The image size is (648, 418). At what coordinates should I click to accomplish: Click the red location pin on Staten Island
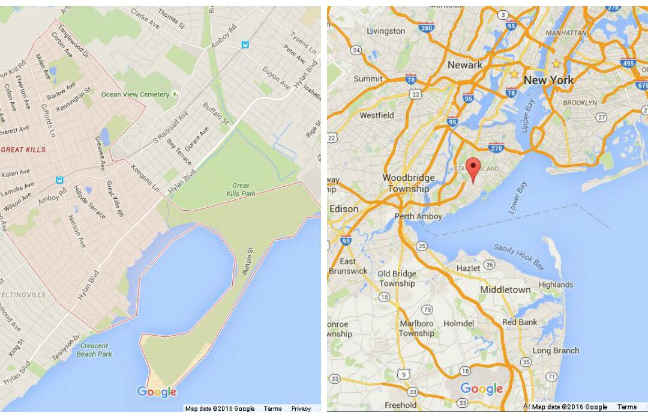tap(474, 168)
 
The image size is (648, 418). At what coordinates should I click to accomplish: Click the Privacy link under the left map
tap(301, 408)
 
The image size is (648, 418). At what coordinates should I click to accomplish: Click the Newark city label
tap(464, 65)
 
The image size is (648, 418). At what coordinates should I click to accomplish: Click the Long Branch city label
tap(556, 351)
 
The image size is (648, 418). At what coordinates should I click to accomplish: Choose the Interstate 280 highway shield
tap(427, 28)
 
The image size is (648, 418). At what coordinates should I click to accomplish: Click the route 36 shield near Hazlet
tap(490, 265)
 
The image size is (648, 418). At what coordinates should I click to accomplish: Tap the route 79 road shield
tap(427, 309)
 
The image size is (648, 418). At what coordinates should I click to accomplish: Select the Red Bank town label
tap(520, 322)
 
